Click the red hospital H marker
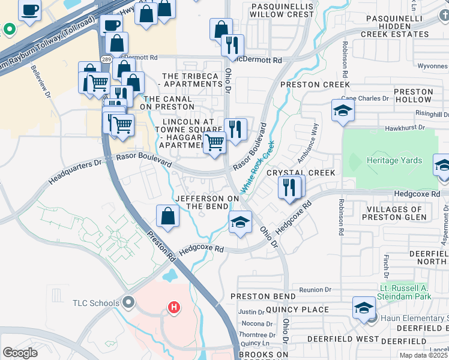[x=174, y=308]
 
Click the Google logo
[x=20, y=353]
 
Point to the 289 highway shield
[x=106, y=59]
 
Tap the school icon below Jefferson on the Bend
[x=240, y=223]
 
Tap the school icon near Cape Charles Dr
[x=343, y=110]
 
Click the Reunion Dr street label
[x=311, y=290]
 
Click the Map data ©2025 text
[x=424, y=355]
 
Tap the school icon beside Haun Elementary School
[x=363, y=308]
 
